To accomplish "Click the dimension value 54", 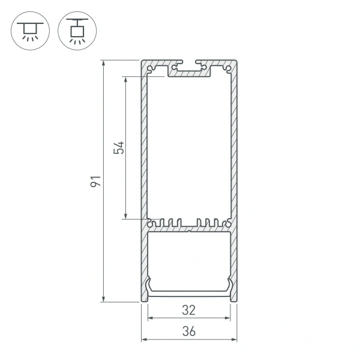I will (119, 148).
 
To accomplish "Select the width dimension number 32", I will (189, 310).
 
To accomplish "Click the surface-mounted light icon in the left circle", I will (28, 30).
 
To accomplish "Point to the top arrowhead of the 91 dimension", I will (104, 62).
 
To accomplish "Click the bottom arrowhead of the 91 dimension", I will (104, 298).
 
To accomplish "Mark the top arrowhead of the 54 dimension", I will (126, 79).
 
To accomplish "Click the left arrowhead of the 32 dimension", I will (150, 318).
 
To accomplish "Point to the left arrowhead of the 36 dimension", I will (144, 340).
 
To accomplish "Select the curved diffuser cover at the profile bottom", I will (189, 292).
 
